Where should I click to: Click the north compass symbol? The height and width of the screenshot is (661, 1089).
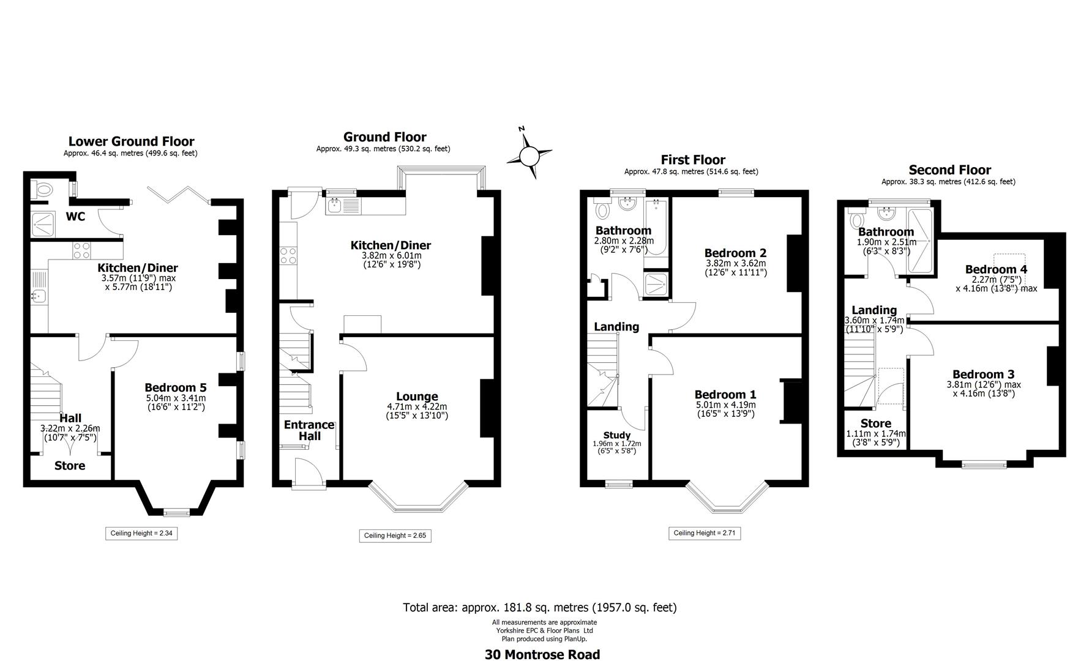[529, 155]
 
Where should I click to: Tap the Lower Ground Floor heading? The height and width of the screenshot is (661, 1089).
[131, 141]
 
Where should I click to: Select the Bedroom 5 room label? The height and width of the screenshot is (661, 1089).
[175, 387]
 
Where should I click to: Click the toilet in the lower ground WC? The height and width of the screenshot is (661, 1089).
[42, 190]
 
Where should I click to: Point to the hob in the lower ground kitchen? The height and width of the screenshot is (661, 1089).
[82, 251]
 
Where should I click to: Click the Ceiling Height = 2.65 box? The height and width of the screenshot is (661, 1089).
[395, 536]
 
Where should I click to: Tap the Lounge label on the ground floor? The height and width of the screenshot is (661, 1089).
[417, 397]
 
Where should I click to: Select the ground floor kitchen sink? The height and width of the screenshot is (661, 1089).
[334, 206]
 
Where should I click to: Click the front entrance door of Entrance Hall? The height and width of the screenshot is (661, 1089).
[309, 473]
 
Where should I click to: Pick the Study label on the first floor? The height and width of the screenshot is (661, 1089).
[616, 435]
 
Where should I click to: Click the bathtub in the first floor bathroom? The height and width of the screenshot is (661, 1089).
[656, 228]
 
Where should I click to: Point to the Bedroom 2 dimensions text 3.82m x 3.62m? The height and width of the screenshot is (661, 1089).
[735, 264]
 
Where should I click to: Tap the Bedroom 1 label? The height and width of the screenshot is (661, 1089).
[725, 395]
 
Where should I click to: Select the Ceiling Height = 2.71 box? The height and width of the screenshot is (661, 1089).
[704, 533]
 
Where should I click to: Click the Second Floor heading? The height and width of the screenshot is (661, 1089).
[949, 170]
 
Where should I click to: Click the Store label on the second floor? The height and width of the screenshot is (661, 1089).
[875, 424]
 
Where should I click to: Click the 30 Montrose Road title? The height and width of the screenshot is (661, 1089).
[542, 654]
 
